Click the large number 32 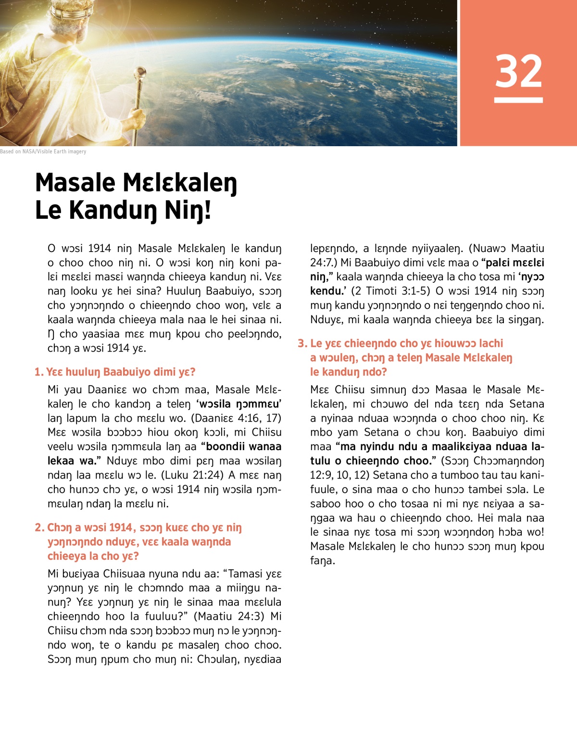[518, 71]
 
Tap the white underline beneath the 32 [518, 100]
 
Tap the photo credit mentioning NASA [43, 151]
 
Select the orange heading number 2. [39, 528]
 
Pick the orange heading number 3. [302, 343]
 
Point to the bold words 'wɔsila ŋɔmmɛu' [239, 404]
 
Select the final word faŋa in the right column [323, 561]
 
